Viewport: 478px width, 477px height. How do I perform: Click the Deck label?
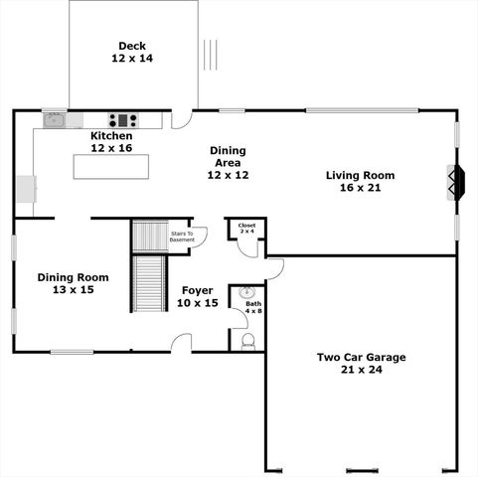[x=132, y=53]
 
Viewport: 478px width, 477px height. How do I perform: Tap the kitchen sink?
[x=54, y=121]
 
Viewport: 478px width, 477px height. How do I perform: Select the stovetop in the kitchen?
[x=122, y=120]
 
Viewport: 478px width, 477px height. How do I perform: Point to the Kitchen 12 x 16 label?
[x=111, y=142]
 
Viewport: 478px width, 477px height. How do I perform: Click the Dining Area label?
[x=227, y=163]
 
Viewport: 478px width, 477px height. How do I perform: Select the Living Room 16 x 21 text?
[x=360, y=182]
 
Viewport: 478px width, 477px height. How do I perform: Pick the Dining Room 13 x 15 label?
[x=73, y=284]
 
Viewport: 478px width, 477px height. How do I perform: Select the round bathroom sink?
[x=246, y=295]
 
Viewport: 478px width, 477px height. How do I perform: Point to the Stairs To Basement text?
[x=182, y=237]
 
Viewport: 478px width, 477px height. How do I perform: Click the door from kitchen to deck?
[x=180, y=119]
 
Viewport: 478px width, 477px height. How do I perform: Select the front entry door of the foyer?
[x=180, y=343]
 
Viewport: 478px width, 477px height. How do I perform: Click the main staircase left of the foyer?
[x=148, y=283]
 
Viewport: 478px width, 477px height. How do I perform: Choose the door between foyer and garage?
[x=275, y=267]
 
